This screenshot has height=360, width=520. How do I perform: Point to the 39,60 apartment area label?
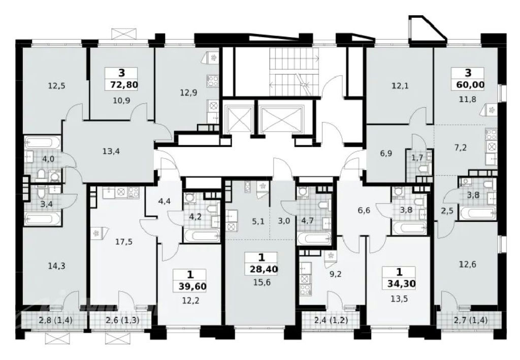[x=191, y=286]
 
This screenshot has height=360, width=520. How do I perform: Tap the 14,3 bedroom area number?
[x=56, y=266]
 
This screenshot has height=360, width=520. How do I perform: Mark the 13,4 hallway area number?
[x=111, y=152]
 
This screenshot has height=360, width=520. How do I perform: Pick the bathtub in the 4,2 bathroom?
[x=201, y=236]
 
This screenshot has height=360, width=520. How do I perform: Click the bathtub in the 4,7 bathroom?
[x=314, y=238]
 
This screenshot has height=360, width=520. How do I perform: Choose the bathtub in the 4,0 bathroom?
[x=43, y=143]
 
